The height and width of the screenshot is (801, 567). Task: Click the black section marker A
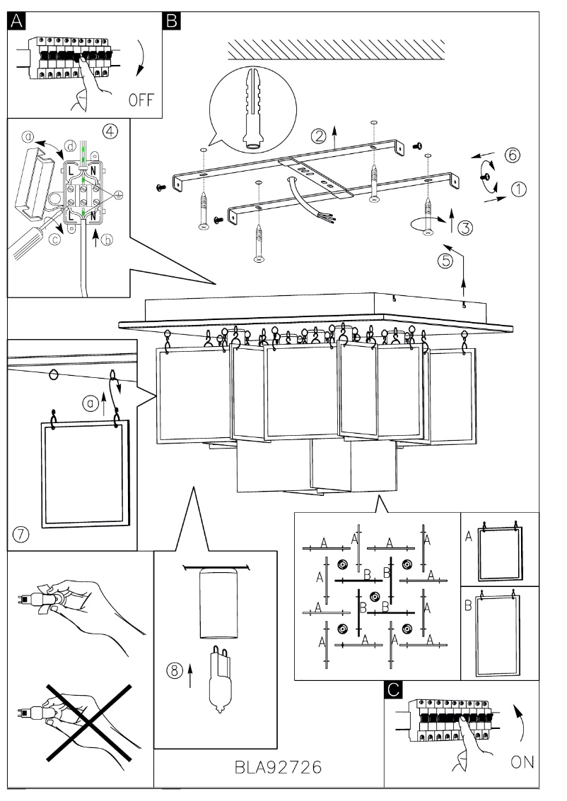16,22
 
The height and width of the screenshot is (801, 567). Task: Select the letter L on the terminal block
73,172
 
